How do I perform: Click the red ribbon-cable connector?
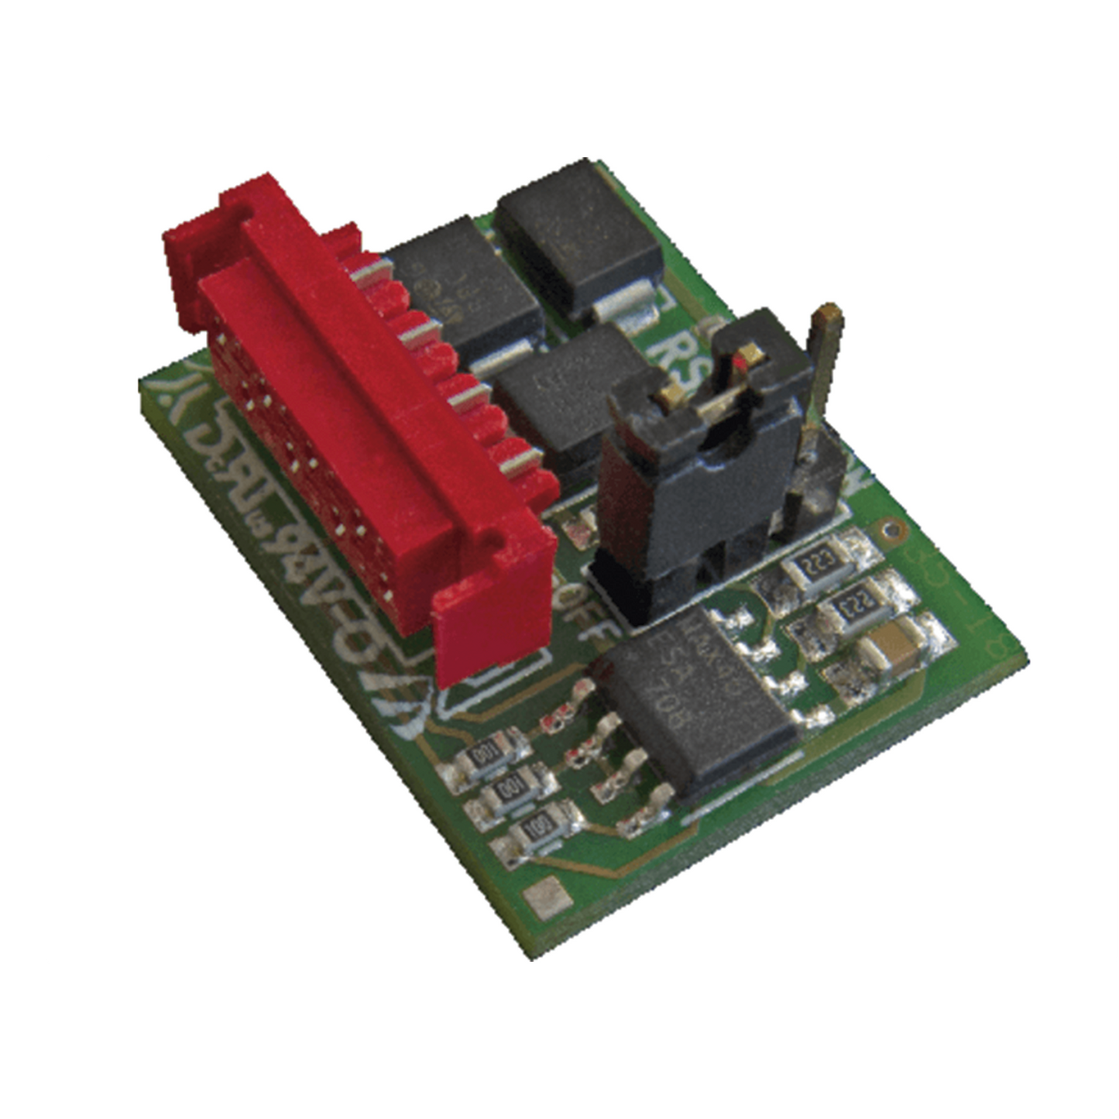pos(364,434)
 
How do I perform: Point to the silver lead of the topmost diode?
pos(631,306)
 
